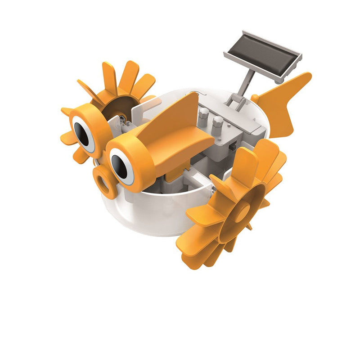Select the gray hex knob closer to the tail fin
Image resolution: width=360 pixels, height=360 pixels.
(219, 122)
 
